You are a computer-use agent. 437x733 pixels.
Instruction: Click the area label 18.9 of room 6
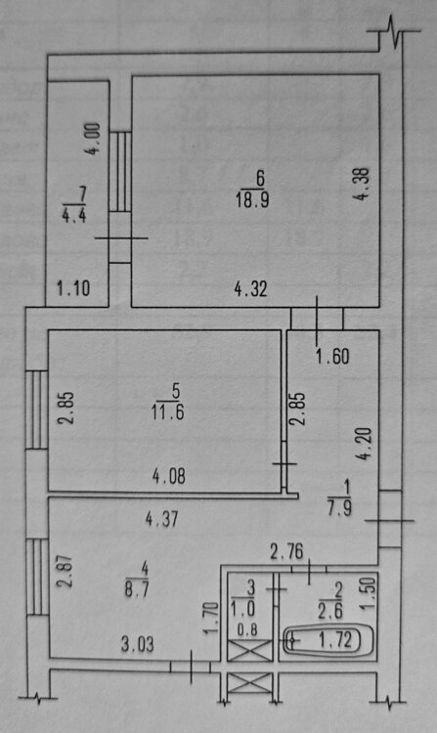click(252, 199)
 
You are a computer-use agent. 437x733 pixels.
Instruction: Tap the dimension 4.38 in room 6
click(363, 184)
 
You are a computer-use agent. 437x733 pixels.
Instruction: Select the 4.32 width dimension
click(251, 289)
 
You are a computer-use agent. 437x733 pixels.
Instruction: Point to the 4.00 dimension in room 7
click(93, 139)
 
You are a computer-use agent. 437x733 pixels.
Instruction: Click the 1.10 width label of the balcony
click(73, 287)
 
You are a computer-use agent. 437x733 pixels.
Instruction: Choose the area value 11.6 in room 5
click(168, 412)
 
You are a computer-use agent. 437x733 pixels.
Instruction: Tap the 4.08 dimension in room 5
click(169, 476)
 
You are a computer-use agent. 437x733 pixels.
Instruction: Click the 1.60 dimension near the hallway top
click(332, 357)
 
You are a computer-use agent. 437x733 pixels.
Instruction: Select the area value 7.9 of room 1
click(340, 508)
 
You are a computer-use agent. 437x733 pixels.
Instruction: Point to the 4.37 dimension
click(161, 519)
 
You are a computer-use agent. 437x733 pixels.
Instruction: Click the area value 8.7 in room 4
click(137, 589)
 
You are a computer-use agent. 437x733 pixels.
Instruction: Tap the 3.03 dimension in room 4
click(138, 645)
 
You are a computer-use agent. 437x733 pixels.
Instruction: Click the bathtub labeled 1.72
click(328, 640)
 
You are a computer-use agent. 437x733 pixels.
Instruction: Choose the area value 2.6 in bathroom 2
click(330, 612)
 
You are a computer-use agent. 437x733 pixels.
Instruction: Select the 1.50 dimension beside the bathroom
click(369, 593)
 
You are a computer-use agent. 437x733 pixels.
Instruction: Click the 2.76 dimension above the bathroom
click(287, 552)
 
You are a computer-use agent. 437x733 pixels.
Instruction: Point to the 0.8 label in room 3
click(247, 630)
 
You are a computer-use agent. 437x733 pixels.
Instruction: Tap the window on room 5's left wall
click(37, 410)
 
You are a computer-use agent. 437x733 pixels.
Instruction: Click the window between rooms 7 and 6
click(120, 172)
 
